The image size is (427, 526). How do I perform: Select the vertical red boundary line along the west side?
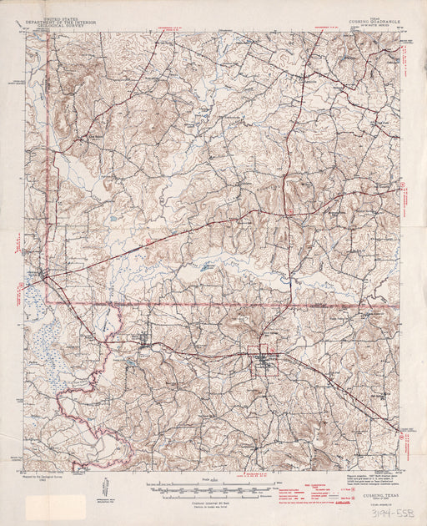pos(46,167)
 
